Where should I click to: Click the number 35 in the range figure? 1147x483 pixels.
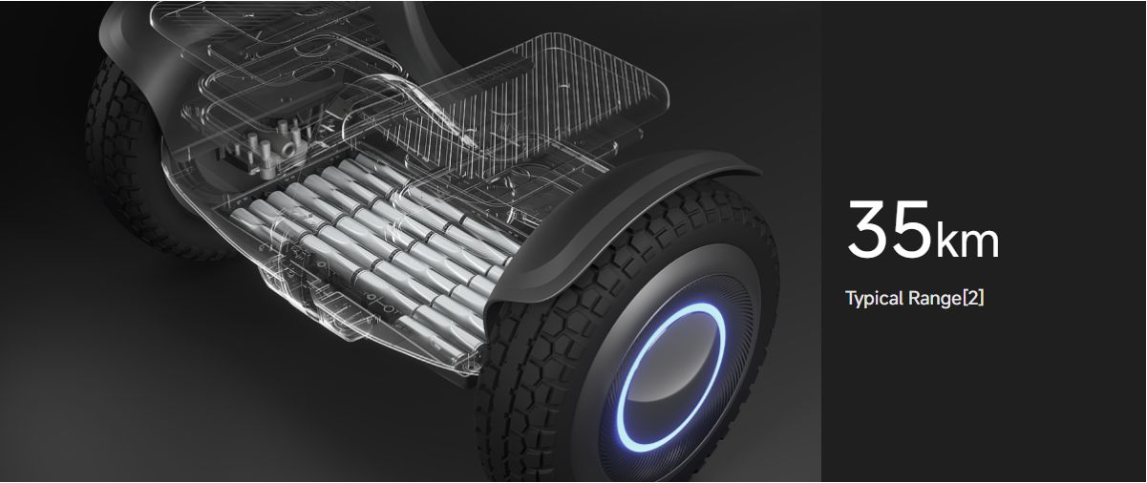pyautogui.click(x=889, y=229)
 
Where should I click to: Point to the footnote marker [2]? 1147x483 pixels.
pyautogui.click(x=973, y=298)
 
